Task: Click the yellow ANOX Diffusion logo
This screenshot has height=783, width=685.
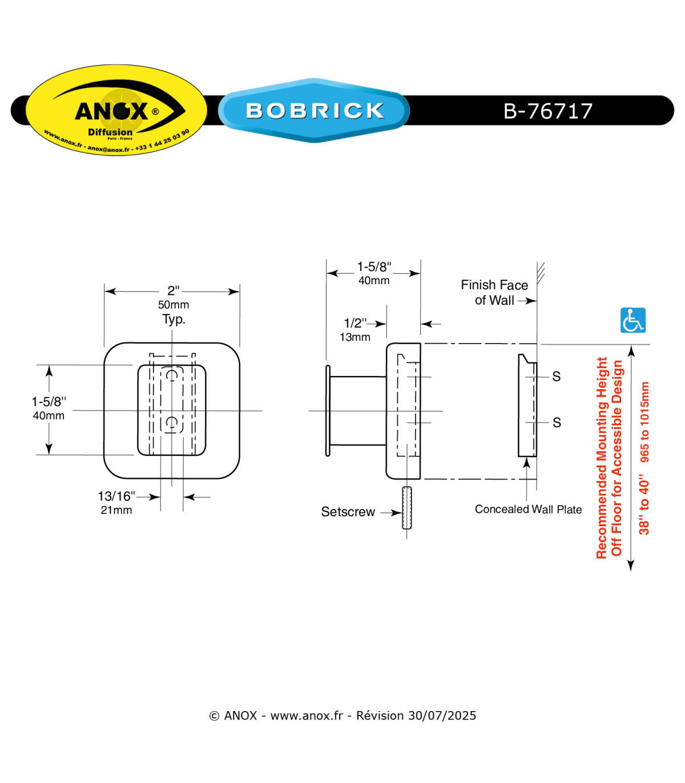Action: [x=116, y=110]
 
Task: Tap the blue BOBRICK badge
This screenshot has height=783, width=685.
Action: [x=314, y=110]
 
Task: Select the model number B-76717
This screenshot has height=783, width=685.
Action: [x=547, y=111]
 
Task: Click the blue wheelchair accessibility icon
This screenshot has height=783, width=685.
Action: [x=632, y=320]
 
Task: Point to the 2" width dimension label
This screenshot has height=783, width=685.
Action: [x=174, y=291]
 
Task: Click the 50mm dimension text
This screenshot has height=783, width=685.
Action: [x=174, y=305]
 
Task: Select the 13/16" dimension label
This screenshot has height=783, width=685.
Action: [x=116, y=496]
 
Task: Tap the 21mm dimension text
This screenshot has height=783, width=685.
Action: [x=116, y=510]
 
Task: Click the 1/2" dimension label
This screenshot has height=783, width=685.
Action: [x=355, y=323]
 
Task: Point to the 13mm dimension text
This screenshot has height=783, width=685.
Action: [x=354, y=337]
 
